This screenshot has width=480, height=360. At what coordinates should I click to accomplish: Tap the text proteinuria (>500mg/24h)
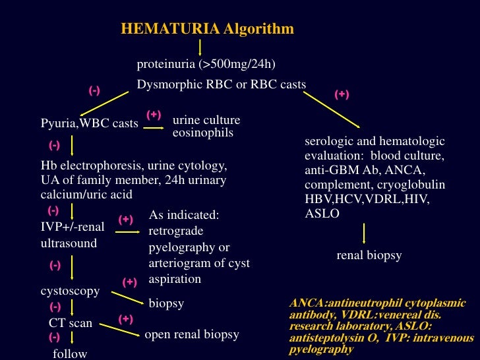coord(206,64)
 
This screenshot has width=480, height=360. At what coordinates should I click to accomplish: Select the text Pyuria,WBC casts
coord(90,123)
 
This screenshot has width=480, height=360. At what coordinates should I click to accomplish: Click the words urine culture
coord(206,121)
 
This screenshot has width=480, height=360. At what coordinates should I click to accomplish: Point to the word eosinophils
coord(203,133)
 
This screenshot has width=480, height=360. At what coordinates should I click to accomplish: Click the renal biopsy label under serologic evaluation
coord(369,255)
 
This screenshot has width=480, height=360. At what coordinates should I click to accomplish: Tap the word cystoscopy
coord(71,291)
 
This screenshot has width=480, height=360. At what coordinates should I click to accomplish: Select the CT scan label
coord(71,323)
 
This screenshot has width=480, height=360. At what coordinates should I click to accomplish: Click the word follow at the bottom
coord(70,354)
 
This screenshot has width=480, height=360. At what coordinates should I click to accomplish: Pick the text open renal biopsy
coord(192,334)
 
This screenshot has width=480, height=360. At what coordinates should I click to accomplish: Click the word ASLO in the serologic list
coord(322,214)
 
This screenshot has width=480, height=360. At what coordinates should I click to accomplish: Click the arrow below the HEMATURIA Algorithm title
coord(200,47)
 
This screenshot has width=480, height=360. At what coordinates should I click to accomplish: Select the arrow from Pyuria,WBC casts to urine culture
coord(154,127)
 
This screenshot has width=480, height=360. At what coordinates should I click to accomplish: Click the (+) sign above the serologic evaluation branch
coord(342,94)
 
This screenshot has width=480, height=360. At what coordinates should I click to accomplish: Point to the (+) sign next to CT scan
coord(126,319)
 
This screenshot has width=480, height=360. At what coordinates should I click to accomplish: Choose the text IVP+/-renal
coord(73,227)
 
